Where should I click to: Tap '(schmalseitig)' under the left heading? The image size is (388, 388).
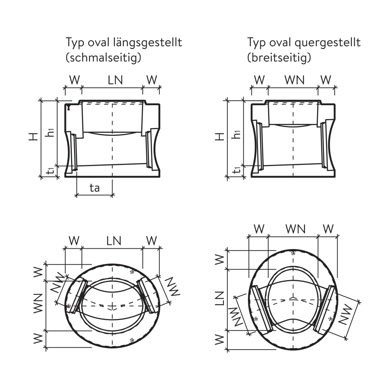coord(103,58)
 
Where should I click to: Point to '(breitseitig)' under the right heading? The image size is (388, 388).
coord(279,58)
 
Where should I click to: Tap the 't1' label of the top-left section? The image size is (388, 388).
coord(50,171)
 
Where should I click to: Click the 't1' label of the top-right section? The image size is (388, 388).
coord(236,171)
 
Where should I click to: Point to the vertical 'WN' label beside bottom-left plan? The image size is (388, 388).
coord(38,305)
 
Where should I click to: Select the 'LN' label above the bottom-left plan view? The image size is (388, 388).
coord(114,241)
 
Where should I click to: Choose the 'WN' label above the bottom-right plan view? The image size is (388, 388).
coord(296,229)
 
